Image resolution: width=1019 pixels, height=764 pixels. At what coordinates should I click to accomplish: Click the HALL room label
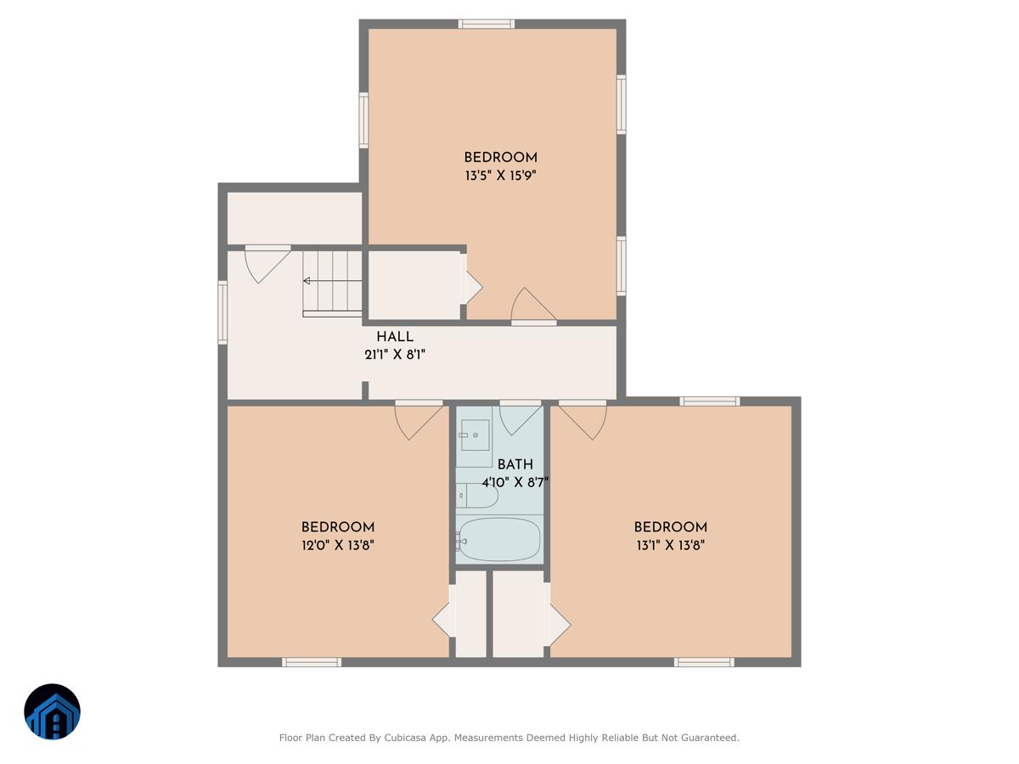pyautogui.click(x=395, y=337)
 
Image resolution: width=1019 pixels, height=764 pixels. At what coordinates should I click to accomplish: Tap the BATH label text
pyautogui.click(x=515, y=464)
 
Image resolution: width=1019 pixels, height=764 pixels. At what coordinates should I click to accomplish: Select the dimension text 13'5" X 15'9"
pyautogui.click(x=500, y=176)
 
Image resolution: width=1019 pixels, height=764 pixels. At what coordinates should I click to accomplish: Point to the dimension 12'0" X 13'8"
pyautogui.click(x=337, y=545)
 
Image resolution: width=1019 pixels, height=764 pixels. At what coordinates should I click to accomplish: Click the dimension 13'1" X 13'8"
pyautogui.click(x=670, y=545)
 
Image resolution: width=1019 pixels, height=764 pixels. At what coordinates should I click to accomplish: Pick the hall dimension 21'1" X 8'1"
pyautogui.click(x=395, y=355)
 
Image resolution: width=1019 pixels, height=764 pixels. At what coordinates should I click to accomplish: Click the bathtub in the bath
pyautogui.click(x=499, y=539)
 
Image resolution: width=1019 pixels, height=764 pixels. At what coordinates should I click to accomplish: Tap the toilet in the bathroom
pyautogui.click(x=476, y=496)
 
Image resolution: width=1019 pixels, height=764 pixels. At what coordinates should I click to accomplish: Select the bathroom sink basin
pyautogui.click(x=475, y=435)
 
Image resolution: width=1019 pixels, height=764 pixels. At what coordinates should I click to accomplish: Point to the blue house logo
pyautogui.click(x=52, y=711)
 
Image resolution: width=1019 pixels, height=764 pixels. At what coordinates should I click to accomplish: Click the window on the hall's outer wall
pyautogui.click(x=222, y=312)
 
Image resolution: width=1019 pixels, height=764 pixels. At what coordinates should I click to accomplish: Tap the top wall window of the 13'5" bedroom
pyautogui.click(x=486, y=24)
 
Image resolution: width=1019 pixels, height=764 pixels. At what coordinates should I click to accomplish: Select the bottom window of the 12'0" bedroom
pyautogui.click(x=312, y=662)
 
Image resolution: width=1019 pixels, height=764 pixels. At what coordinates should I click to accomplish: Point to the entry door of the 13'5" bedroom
pyautogui.click(x=534, y=306)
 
